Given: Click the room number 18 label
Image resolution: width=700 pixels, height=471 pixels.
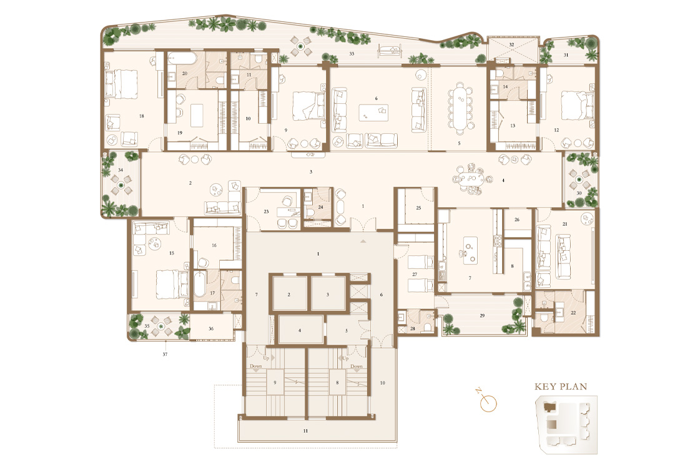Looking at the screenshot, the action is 142,116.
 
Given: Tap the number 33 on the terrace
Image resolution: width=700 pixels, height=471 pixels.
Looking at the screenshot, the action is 352,54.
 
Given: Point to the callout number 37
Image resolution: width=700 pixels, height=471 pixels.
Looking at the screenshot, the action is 165,354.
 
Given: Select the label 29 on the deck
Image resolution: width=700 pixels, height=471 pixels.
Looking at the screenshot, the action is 482,315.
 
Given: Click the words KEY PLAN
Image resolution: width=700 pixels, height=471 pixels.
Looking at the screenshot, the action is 561,387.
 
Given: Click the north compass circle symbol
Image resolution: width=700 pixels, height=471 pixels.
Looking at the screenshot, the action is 488,403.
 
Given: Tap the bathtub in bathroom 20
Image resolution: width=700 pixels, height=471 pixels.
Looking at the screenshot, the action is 182,59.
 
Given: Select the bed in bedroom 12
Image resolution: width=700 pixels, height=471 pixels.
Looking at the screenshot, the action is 576,105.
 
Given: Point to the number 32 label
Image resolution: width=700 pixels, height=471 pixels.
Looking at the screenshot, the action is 511,45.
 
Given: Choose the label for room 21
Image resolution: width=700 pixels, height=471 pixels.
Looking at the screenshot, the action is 564,224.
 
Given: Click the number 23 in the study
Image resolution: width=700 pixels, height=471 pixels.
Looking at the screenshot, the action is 266,211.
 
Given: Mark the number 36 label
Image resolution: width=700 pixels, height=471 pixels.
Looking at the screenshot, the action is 211,329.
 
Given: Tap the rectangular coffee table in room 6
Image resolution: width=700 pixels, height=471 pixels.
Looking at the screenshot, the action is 373,112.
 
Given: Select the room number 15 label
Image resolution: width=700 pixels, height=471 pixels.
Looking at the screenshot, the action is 172,253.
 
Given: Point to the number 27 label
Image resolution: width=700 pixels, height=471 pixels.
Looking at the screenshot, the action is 415,274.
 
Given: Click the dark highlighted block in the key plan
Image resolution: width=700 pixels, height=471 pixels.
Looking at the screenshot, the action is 549,407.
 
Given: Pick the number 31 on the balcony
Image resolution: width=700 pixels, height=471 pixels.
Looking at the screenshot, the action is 566,55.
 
